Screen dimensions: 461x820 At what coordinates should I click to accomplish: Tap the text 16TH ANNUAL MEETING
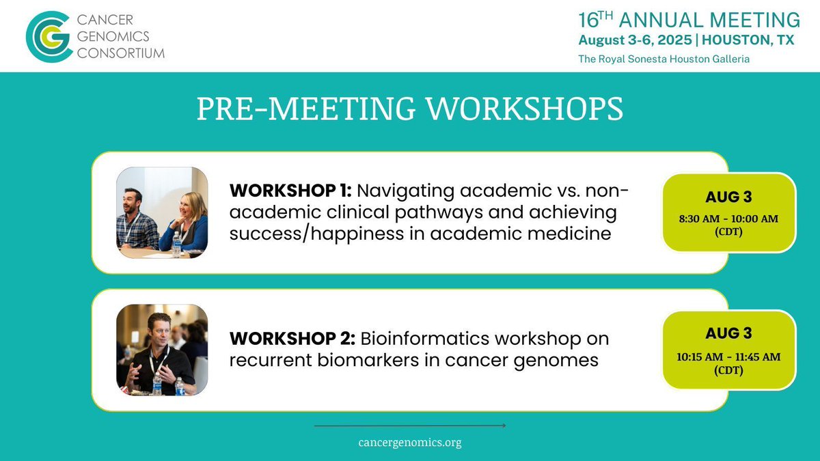[689, 19]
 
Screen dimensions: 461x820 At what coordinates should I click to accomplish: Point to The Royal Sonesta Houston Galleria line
[664, 59]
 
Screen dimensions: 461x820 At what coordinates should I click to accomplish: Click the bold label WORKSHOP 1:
[290, 189]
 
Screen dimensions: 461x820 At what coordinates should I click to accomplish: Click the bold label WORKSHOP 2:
[290, 339]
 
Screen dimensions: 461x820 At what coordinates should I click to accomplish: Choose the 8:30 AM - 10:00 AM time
[729, 219]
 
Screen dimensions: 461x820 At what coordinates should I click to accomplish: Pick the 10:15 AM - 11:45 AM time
[729, 357]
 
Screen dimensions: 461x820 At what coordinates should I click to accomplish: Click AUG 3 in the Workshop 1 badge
[729, 198]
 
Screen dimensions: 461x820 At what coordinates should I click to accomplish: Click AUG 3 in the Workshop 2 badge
[729, 333]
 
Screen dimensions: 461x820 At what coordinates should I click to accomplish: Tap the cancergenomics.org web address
[410, 443]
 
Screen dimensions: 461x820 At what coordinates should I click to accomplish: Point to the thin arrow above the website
[410, 426]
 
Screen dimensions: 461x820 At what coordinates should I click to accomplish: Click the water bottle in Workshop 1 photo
[176, 242]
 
